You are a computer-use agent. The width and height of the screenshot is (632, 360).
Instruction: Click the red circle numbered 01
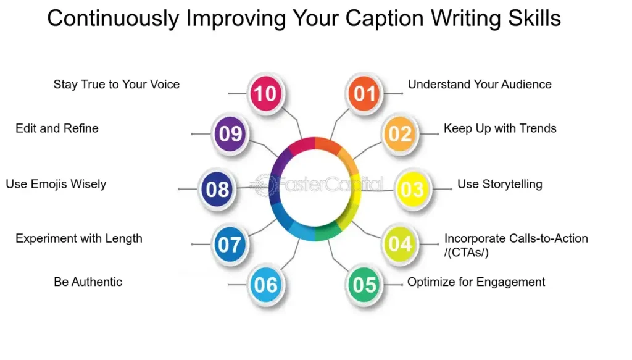click(364, 93)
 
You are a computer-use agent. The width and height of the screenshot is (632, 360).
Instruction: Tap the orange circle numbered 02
click(400, 133)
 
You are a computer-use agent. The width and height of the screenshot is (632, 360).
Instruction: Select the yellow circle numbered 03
click(412, 189)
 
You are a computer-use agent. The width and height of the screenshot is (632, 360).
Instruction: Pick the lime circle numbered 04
click(400, 243)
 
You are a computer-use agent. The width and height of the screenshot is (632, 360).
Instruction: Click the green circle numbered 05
click(364, 284)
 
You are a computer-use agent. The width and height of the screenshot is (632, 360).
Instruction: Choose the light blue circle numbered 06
click(265, 284)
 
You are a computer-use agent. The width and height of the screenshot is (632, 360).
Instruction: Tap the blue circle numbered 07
click(230, 244)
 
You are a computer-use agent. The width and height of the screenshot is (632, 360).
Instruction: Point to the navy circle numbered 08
click(218, 189)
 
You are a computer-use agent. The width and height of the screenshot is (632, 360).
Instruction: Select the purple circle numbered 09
click(230, 133)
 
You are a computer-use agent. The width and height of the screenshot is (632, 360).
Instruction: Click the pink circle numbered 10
click(265, 93)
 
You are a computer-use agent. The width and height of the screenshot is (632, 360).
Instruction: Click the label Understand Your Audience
click(480, 84)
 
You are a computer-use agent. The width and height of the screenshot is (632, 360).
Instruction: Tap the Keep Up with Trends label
click(500, 128)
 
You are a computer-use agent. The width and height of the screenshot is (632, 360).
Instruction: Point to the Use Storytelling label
click(500, 184)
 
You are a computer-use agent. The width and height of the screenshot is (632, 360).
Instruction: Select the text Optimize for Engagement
click(476, 282)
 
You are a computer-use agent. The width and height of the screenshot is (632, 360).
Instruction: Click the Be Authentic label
click(88, 282)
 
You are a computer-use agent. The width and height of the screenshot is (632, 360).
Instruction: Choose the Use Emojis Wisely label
click(56, 184)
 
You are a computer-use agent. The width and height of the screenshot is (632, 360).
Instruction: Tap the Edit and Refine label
click(57, 128)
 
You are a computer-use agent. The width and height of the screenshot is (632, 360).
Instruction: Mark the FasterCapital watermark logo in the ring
click(317, 185)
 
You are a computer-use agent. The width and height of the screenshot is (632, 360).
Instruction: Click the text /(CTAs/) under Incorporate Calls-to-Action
click(467, 253)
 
